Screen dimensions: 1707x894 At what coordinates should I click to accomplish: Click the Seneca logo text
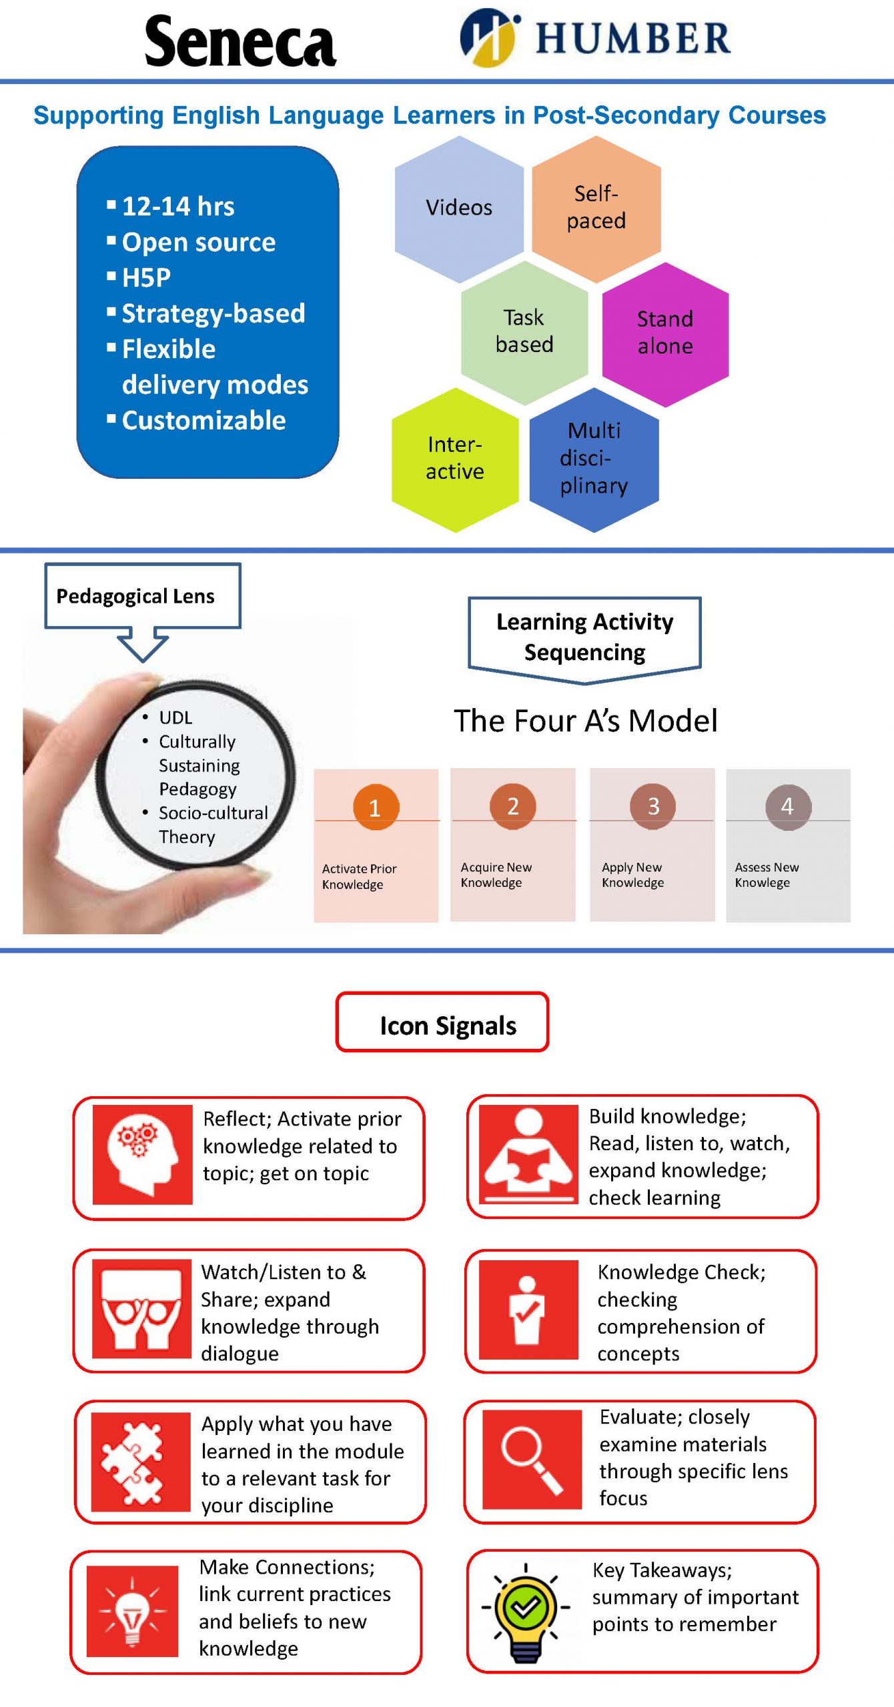(240, 41)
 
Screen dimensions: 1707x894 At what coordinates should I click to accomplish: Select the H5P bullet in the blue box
(146, 277)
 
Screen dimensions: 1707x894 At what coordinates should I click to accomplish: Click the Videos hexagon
(459, 208)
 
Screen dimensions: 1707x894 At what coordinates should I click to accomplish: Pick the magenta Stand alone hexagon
(664, 333)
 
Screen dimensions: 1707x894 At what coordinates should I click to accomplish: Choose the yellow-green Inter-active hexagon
(455, 459)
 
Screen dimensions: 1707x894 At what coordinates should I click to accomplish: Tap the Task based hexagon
(524, 331)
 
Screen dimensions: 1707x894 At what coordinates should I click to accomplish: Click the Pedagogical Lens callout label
(136, 596)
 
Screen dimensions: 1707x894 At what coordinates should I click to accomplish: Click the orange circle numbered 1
(376, 807)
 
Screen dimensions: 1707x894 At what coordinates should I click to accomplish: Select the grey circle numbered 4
(788, 807)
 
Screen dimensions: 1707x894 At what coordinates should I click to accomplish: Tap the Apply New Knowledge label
(632, 875)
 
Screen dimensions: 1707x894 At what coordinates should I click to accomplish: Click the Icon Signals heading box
(442, 1025)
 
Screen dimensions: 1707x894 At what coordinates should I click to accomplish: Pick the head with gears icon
(142, 1154)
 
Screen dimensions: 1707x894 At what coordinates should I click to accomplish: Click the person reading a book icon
(528, 1154)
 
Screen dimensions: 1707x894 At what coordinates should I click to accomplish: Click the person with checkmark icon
(528, 1310)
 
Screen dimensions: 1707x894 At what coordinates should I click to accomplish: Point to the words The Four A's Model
(585, 721)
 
